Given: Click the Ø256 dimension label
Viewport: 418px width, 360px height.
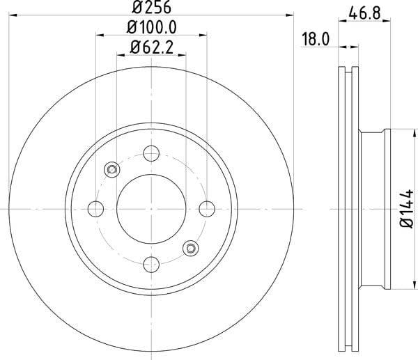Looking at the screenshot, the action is [151, 7].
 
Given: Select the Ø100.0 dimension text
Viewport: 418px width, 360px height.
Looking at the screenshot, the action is [151, 27].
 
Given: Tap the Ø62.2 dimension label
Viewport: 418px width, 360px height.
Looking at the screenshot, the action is [151, 47].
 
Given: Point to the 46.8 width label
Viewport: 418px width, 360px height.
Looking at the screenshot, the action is [364, 13].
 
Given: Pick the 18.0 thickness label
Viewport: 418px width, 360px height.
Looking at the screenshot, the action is [316, 39].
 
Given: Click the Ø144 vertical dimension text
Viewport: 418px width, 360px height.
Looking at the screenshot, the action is [407, 209].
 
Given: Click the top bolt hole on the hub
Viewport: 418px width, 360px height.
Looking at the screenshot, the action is [151, 153].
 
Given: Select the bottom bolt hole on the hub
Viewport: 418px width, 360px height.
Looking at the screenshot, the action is [151, 265].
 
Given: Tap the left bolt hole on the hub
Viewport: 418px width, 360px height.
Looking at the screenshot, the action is [95, 209].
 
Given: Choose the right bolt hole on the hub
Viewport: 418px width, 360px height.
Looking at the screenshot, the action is [207, 209].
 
